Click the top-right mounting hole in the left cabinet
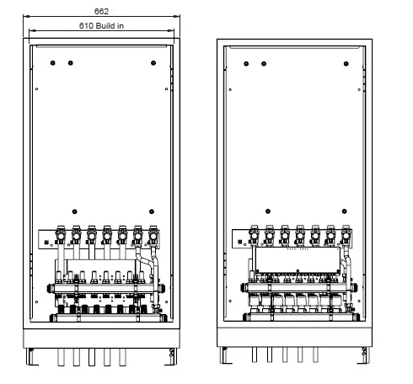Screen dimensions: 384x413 click(x=151, y=63)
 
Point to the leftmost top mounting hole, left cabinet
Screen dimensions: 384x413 click(x=51, y=63)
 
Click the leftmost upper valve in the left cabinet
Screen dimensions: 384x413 click(x=60, y=231)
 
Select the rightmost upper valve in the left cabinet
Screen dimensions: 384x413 click(x=153, y=231)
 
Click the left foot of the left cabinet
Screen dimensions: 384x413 click(x=31, y=359)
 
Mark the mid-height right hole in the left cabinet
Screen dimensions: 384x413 click(x=151, y=211)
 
